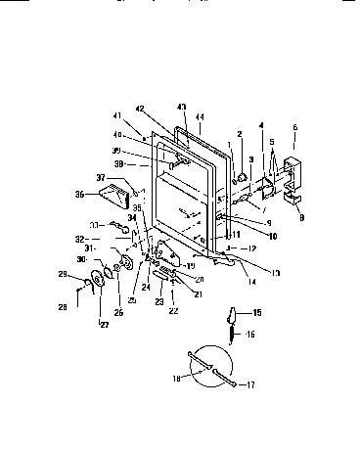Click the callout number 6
[295, 128]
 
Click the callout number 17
[252, 385]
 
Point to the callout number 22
[174, 311]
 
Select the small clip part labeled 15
[232, 316]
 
